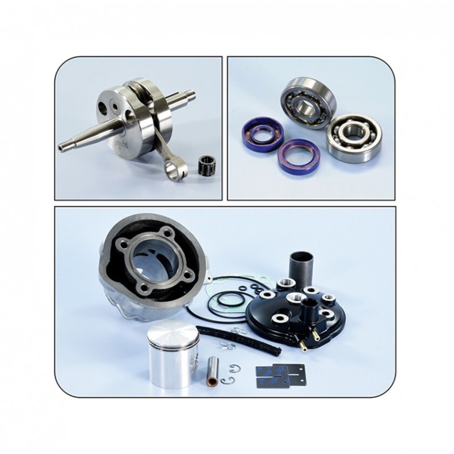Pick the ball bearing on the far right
point(353,136)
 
